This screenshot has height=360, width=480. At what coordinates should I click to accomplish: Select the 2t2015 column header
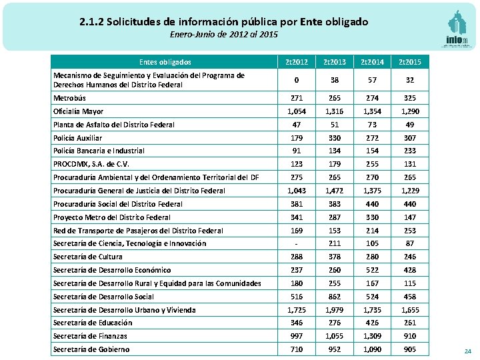410,62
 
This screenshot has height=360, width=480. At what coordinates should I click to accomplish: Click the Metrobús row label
69,98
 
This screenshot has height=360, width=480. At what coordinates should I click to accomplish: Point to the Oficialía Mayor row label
78,111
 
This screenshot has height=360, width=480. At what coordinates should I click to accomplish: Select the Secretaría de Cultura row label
87,257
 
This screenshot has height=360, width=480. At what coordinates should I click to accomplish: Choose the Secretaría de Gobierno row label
91,349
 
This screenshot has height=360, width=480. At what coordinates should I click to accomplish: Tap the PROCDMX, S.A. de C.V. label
91,164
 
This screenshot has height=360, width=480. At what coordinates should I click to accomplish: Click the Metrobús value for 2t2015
410,98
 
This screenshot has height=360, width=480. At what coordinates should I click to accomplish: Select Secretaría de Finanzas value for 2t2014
372,336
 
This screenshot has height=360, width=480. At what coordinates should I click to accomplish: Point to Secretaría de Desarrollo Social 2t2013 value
335,297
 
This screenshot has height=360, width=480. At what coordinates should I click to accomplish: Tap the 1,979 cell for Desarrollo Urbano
335,310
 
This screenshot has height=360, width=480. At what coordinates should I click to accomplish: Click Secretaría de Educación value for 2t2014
372,323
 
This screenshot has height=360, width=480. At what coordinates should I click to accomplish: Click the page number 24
467,351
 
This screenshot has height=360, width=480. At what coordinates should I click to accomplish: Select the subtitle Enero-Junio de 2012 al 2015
223,35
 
